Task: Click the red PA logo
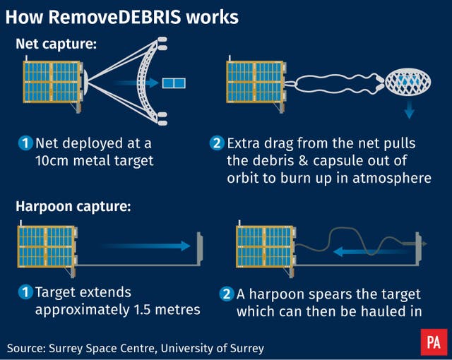point(434,342)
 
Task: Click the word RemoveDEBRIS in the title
point(114,17)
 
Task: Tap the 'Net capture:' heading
point(56,44)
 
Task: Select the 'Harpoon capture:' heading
point(73,207)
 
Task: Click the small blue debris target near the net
point(174,83)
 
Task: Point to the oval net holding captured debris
point(408,81)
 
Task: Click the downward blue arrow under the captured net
point(409,109)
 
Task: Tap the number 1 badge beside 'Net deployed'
point(25,143)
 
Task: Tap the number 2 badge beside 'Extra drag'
point(217,143)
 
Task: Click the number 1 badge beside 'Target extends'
point(25,292)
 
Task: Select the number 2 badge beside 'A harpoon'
point(226,294)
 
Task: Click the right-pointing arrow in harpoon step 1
point(145,246)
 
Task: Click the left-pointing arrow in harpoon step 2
point(372,252)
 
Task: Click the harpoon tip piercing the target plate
point(424,244)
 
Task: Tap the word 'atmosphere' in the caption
point(392,178)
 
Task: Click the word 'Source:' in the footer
point(26,348)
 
